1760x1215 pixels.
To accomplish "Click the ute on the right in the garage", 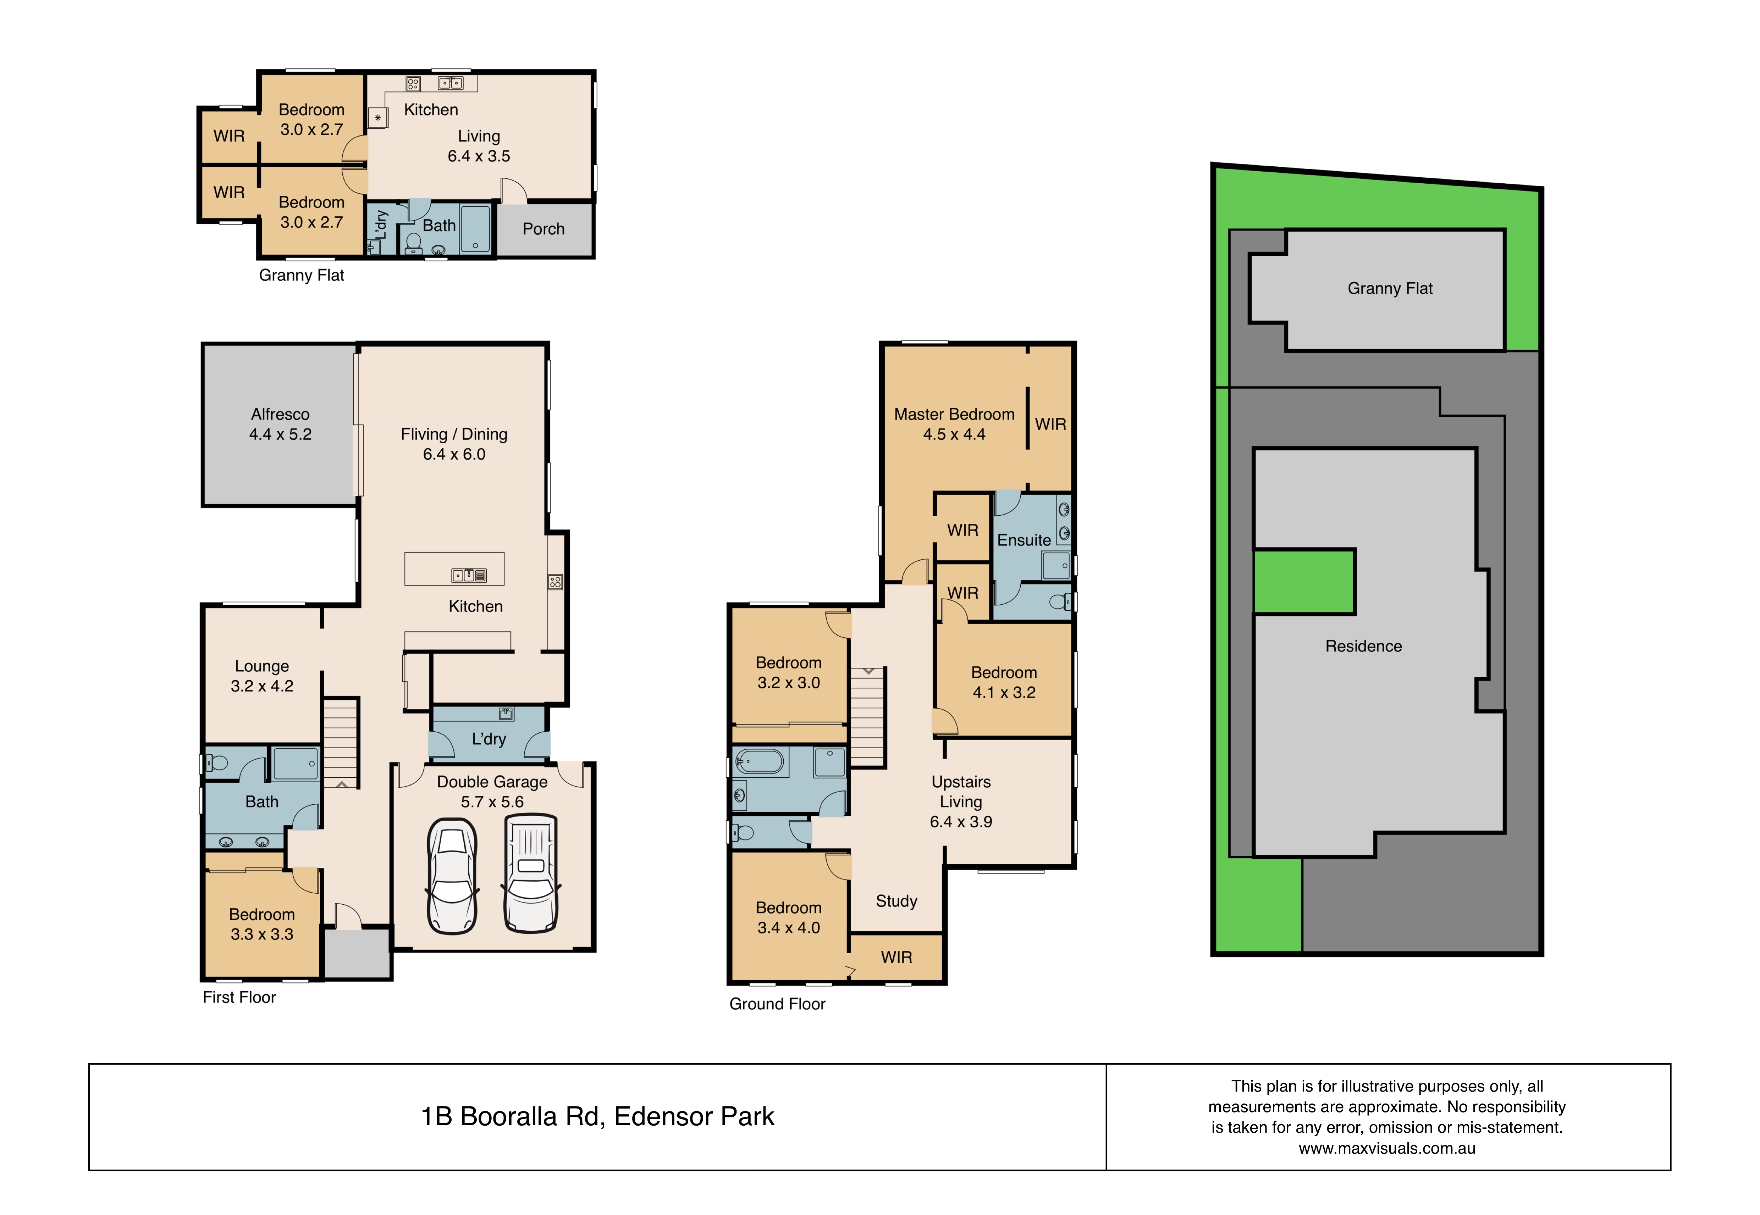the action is (531, 873).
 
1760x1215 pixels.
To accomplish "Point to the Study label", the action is (896, 901).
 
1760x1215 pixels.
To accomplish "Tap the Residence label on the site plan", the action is (1363, 646).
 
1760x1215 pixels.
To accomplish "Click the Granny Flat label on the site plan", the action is (1390, 289).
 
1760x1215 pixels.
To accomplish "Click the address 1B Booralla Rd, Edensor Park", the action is (598, 1117).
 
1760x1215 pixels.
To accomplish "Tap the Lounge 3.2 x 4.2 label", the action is (262, 676).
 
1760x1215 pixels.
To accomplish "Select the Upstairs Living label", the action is (961, 792).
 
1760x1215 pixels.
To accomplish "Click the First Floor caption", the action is (239, 997).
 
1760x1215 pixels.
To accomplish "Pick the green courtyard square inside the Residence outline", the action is (1304, 582).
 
